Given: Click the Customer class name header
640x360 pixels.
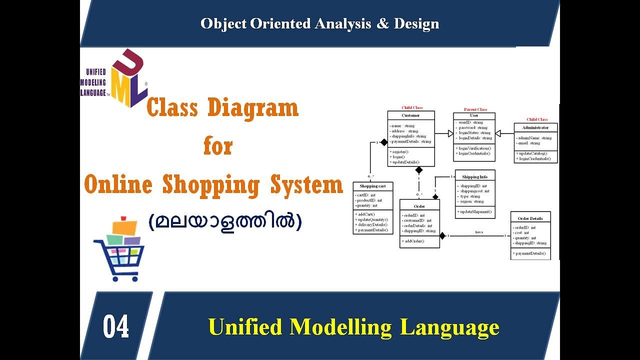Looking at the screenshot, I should tap(410, 115).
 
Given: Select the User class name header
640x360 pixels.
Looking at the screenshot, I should tap(474, 115).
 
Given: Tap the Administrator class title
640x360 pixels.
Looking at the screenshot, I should tap(535, 127).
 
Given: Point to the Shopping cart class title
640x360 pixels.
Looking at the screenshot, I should tap(372, 186).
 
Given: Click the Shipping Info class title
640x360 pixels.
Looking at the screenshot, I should tap(474, 177).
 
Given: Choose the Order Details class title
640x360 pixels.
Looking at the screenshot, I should tap(530, 218).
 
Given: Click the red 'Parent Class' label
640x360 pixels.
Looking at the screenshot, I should tap(475, 109).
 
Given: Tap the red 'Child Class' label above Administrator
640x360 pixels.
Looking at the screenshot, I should tap(536, 119).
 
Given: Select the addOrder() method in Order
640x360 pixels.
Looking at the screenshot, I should tap(413, 241).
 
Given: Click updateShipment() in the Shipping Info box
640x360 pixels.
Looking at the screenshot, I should tap(475, 211).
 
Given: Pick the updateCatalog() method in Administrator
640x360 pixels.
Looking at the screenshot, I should tap(532, 153).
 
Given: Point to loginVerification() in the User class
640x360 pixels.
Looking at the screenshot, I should tap(474, 148).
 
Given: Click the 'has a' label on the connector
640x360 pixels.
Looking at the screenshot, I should tap(478, 232).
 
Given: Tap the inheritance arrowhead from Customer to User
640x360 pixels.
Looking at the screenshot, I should tap(450, 133).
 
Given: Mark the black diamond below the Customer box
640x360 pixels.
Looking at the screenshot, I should tap(419, 170).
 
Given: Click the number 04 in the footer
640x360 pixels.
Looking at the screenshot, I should tap(116, 327).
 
